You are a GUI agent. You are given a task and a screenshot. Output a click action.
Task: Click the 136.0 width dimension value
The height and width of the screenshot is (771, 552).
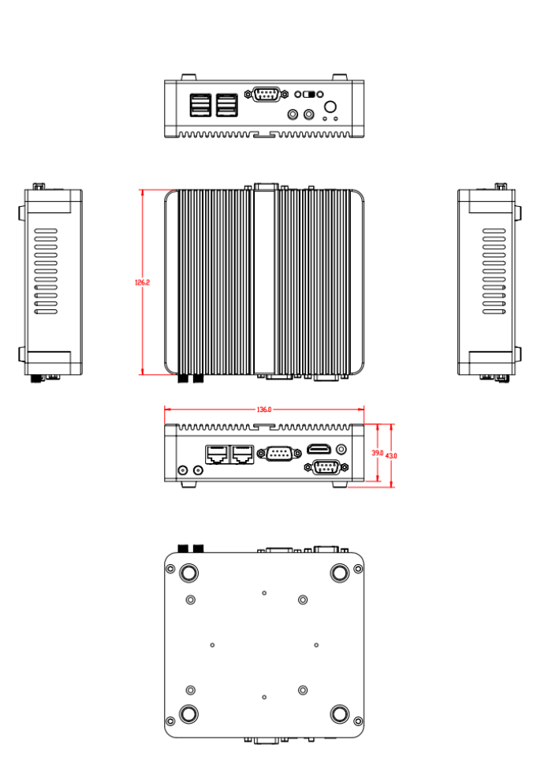(264, 410)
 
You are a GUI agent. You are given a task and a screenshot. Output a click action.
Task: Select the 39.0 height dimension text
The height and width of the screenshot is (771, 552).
(377, 454)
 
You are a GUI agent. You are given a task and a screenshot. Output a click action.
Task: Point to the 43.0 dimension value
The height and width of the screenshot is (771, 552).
(391, 456)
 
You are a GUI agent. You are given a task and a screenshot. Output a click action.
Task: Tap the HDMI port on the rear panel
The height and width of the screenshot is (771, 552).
(319, 449)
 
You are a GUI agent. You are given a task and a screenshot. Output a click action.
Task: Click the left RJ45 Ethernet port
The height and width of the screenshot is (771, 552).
(217, 454)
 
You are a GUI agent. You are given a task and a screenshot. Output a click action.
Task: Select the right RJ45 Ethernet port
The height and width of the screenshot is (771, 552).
(242, 454)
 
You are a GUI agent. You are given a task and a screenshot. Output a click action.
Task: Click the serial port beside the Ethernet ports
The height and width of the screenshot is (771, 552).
(279, 453)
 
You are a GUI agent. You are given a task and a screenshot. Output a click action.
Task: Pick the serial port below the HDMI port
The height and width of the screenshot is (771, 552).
(326, 467)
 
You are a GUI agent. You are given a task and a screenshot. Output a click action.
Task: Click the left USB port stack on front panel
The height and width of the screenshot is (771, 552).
(200, 106)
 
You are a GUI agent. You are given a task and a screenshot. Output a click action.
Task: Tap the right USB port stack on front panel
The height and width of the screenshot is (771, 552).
(227, 106)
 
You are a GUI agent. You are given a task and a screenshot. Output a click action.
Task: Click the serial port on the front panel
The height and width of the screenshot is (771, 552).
(267, 95)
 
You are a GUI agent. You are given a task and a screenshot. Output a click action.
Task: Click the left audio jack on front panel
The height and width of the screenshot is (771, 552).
(294, 115)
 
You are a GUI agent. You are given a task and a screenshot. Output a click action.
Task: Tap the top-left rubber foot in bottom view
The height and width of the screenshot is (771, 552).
(189, 573)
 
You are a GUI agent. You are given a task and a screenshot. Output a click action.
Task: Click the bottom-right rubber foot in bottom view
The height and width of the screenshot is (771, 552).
(340, 714)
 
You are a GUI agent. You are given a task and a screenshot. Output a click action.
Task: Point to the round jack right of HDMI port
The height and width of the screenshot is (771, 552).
(341, 448)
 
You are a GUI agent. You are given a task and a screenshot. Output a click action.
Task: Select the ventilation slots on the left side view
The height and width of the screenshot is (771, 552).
(46, 272)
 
